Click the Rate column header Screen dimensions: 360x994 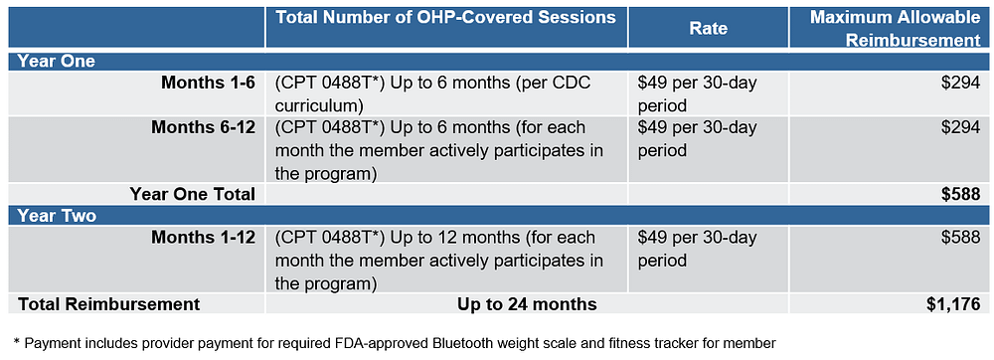[708, 29]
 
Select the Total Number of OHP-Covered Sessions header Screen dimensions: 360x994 [444, 17]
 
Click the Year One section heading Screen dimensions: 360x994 [51, 61]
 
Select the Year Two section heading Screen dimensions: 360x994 [51, 216]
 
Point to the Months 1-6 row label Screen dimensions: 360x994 [208, 83]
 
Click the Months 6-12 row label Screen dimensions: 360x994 [203, 128]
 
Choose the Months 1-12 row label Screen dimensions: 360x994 [203, 238]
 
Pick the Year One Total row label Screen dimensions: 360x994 [192, 194]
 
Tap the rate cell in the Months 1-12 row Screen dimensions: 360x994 [697, 249]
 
